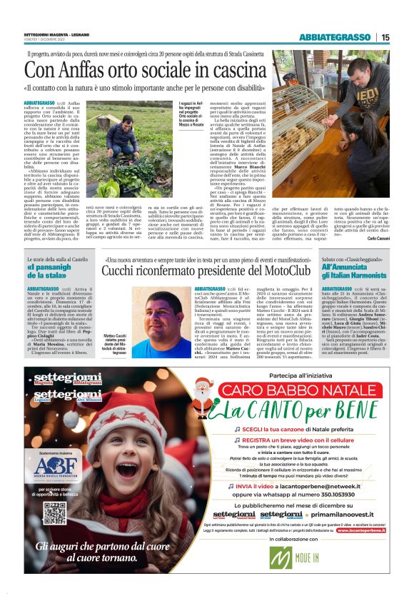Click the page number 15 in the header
pyautogui.click(x=385, y=36)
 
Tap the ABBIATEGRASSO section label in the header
pyautogui.click(x=334, y=36)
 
